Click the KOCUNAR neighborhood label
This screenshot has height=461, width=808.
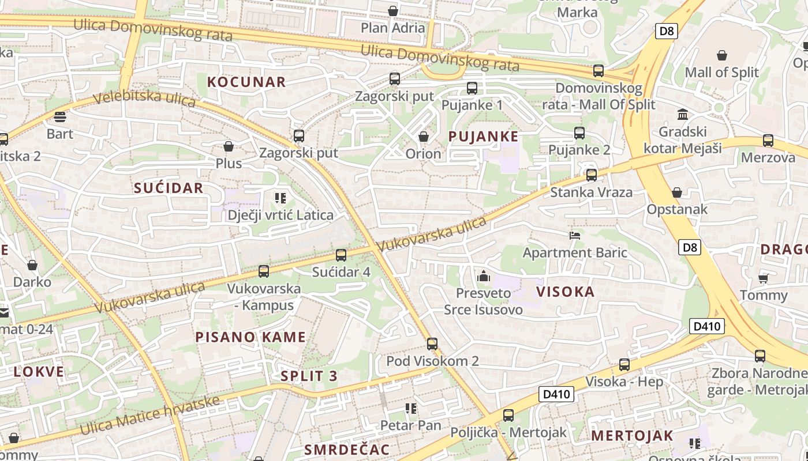[x=246, y=82]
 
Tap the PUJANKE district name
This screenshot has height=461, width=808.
[x=484, y=137]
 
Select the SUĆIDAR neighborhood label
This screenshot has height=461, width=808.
[x=169, y=188]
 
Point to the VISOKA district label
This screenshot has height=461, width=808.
[x=566, y=292]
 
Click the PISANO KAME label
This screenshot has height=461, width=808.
[x=250, y=337]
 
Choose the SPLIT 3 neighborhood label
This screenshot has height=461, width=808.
[x=309, y=376]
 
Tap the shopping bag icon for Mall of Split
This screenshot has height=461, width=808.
[x=721, y=55]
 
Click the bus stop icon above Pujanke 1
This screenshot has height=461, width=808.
[x=472, y=88]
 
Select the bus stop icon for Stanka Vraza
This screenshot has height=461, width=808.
[x=591, y=175]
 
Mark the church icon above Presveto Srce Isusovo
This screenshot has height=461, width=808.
[x=484, y=277]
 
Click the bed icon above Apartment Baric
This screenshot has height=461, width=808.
[x=574, y=235]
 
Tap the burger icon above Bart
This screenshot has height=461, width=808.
[x=60, y=118]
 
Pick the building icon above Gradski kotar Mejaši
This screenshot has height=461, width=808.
[x=683, y=114]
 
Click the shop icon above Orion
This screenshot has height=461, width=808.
[x=423, y=137]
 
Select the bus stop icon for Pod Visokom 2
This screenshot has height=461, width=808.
[x=432, y=344]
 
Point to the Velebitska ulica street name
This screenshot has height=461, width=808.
[x=144, y=99]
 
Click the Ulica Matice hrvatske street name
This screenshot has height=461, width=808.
[x=150, y=415]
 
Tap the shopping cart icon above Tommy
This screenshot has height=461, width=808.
[x=763, y=278]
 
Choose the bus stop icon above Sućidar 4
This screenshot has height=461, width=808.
[x=341, y=255]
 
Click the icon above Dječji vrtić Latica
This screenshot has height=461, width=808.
[x=280, y=199]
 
